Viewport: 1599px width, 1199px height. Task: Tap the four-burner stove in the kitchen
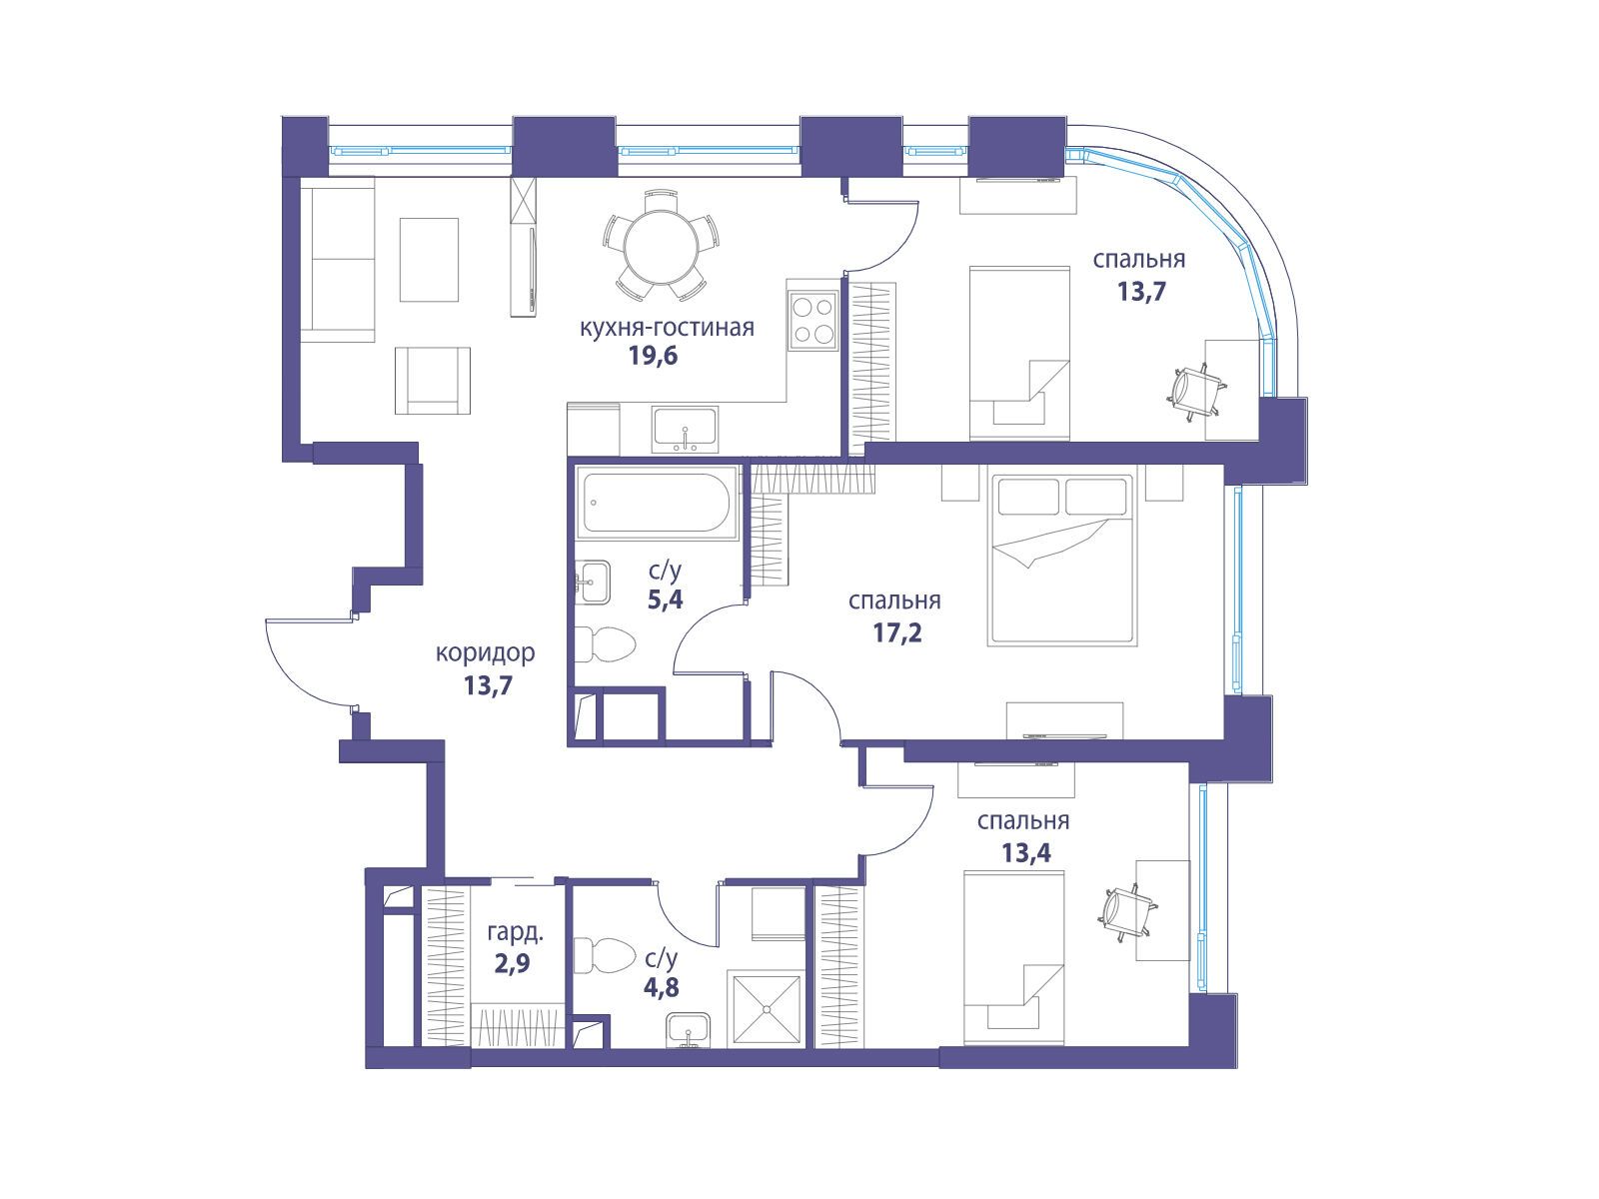click(x=813, y=321)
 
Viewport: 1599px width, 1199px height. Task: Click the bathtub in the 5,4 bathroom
click(x=657, y=503)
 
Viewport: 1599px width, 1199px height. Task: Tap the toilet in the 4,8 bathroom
click(x=604, y=955)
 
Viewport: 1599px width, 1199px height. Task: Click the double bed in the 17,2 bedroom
click(x=1062, y=560)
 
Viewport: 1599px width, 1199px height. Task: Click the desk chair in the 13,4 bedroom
click(x=1125, y=912)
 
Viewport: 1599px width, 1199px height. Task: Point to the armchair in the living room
click(x=432, y=380)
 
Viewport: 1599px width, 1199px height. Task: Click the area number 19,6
click(x=653, y=356)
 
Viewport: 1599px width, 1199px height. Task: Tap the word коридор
click(x=485, y=653)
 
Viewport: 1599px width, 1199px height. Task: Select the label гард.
click(x=515, y=932)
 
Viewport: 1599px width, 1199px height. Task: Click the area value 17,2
click(x=897, y=632)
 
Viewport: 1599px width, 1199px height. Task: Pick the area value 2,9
click(x=512, y=964)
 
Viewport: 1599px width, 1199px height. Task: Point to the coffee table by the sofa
click(x=429, y=259)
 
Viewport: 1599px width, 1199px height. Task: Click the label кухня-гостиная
click(x=667, y=328)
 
